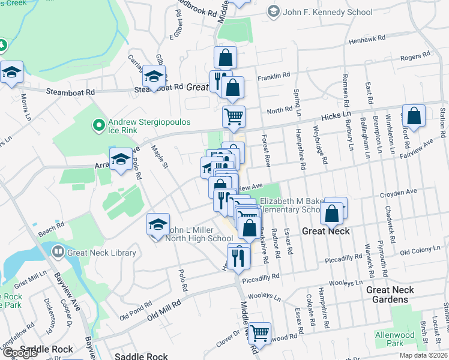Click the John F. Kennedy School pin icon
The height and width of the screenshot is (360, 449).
tap(274, 11)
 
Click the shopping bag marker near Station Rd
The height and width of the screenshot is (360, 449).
tap(414, 115)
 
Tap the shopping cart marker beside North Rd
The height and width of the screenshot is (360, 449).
tap(234, 116)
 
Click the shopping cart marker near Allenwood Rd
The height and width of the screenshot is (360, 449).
tap(259, 333)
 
